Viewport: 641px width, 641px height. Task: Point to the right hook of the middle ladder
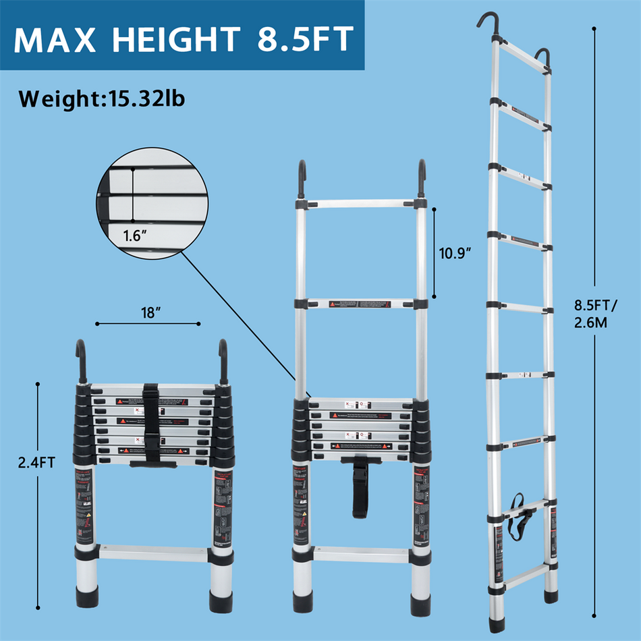click(x=422, y=178)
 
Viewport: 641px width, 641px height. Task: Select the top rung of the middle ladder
click(x=361, y=203)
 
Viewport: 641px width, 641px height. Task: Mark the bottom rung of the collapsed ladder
click(x=155, y=551)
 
